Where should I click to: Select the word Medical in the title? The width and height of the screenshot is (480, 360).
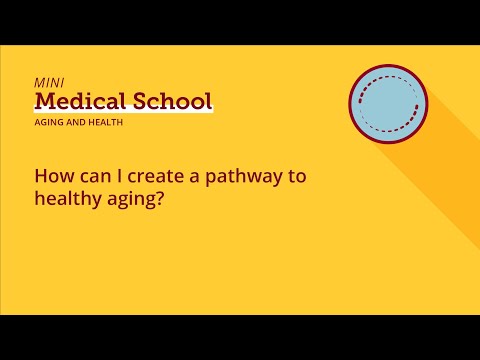[82, 101]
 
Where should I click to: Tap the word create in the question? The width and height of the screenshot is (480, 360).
[149, 176]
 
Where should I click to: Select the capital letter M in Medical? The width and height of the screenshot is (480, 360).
[46, 101]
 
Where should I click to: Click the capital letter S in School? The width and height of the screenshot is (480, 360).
[144, 101]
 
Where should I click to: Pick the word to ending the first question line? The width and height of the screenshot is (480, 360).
[295, 176]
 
